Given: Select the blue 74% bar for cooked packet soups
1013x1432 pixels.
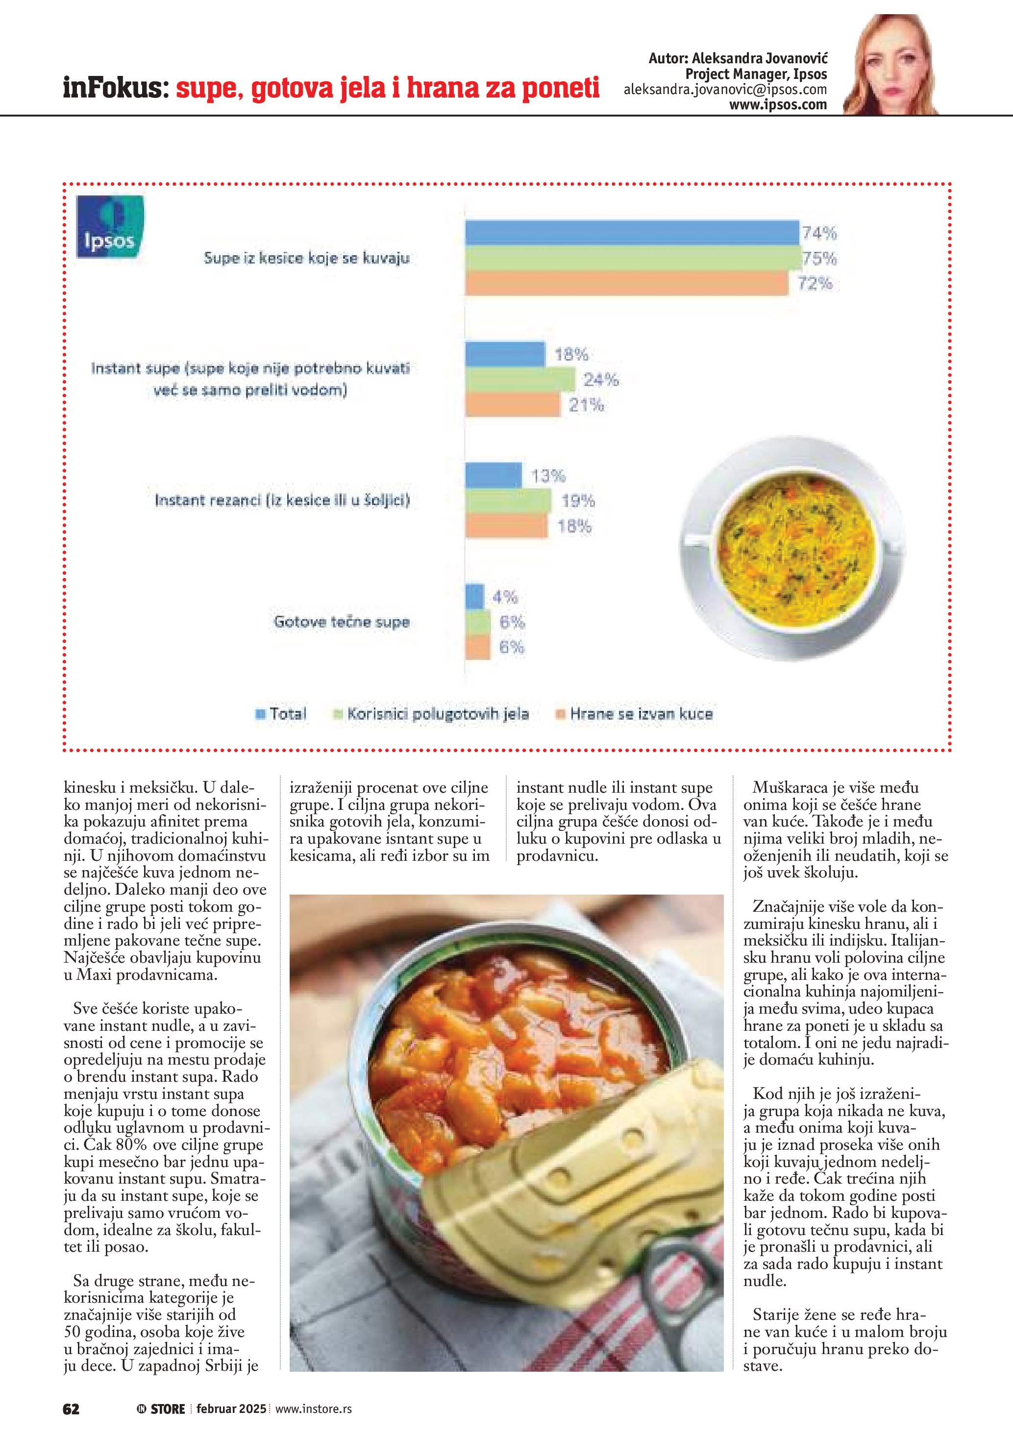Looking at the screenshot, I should pos(632,233).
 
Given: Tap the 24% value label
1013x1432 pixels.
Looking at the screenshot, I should pos(601,380).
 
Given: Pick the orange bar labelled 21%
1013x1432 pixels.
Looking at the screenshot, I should pos(513,406).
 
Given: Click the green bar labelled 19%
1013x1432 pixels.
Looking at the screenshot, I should pos(508,501).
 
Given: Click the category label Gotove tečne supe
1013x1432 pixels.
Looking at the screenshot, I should pos(341,622).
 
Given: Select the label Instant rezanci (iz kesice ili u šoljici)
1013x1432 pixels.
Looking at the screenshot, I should pos(282,500).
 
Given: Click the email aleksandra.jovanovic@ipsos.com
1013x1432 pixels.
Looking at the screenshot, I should pos(725,90).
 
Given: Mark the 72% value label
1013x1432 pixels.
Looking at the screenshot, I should pos(815,284).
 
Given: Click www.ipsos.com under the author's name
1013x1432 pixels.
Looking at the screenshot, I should pos(778,105).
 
